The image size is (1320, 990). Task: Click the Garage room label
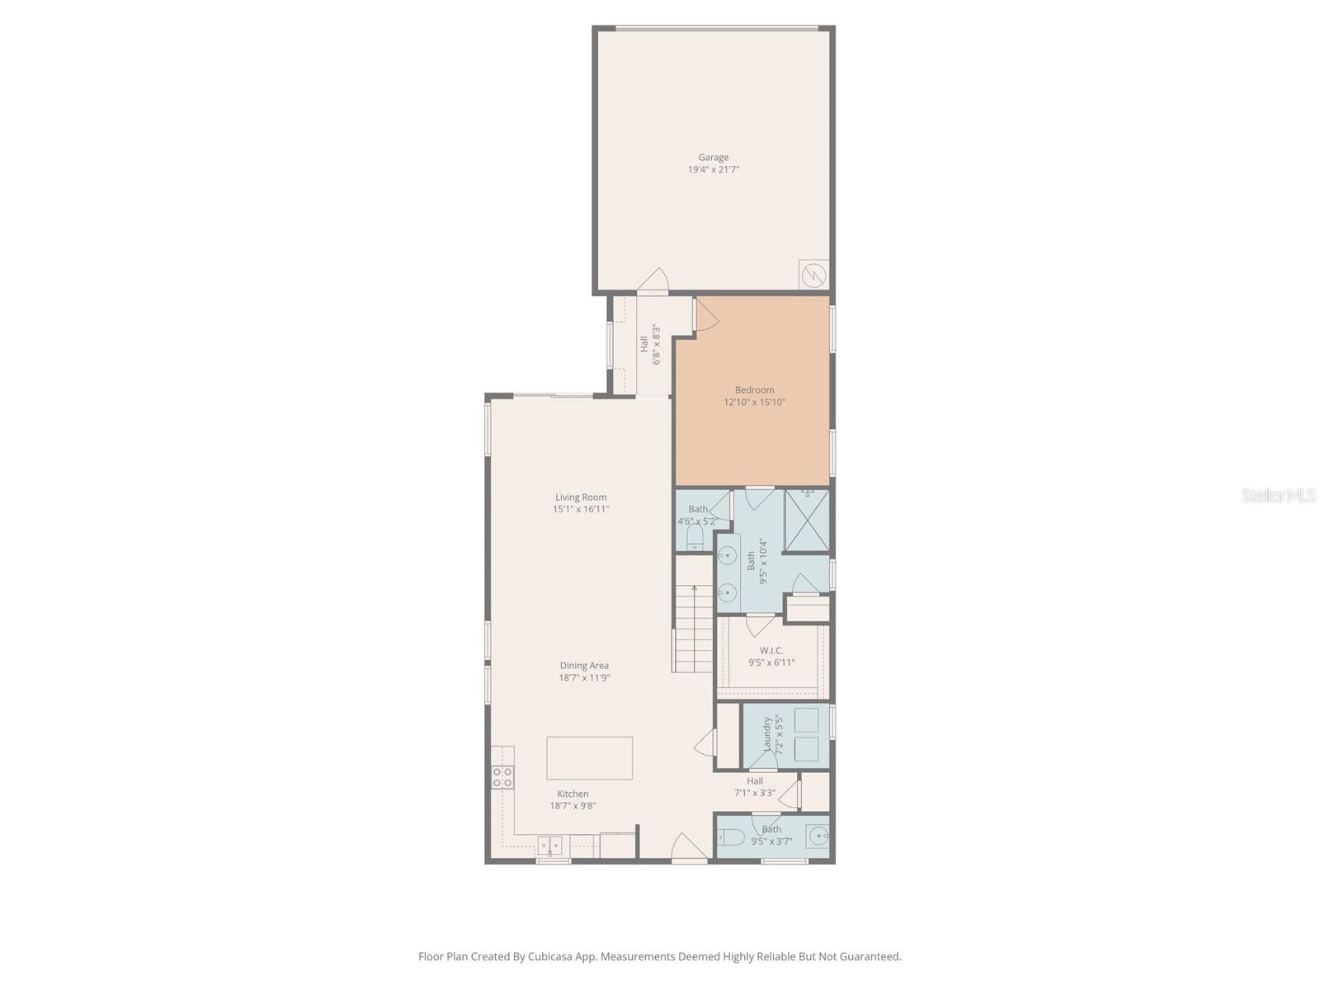(x=714, y=158)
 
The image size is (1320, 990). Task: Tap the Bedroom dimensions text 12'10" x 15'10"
(x=754, y=403)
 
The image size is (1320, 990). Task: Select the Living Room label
(x=581, y=497)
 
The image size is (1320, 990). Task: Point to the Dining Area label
(x=584, y=666)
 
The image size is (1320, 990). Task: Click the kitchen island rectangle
(x=589, y=758)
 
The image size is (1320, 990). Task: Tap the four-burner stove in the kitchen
(x=502, y=777)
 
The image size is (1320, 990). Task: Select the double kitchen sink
(x=550, y=846)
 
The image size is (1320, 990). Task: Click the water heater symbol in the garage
(x=813, y=275)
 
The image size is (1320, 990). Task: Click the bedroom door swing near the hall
(x=705, y=314)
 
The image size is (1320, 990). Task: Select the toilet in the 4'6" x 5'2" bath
(x=695, y=539)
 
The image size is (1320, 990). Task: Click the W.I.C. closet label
(x=771, y=651)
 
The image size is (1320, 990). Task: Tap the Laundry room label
(x=768, y=733)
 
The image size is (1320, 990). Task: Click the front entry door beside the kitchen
(x=689, y=849)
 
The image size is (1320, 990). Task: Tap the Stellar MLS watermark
(x=1279, y=496)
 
